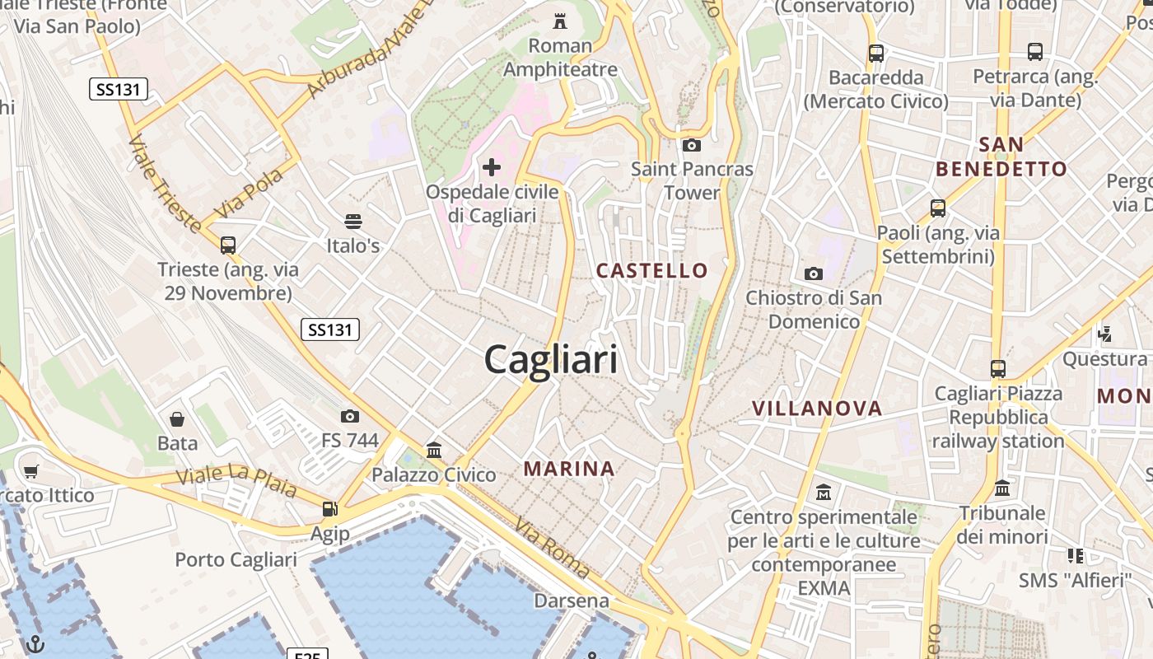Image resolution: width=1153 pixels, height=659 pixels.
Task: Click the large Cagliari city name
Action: pyautogui.click(x=550, y=360)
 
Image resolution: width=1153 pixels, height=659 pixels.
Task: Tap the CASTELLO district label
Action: pyautogui.click(x=651, y=270)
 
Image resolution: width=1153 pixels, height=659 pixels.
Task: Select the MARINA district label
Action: pyautogui.click(x=569, y=469)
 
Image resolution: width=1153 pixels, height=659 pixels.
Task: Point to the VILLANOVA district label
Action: pyautogui.click(x=816, y=408)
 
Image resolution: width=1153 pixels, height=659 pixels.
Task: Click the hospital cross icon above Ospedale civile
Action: pyautogui.click(x=492, y=168)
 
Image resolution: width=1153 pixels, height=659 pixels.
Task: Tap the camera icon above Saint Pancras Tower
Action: pyautogui.click(x=692, y=146)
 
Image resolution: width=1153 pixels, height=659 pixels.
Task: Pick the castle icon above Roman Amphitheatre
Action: pyautogui.click(x=561, y=21)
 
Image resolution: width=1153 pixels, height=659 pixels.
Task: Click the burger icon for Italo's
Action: pyautogui.click(x=353, y=222)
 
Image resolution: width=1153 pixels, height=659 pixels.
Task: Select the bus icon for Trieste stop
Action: pyautogui.click(x=228, y=245)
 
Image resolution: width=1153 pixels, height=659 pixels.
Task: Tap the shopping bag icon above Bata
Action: pyautogui.click(x=177, y=419)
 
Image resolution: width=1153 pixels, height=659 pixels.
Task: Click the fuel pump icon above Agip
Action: pyautogui.click(x=329, y=509)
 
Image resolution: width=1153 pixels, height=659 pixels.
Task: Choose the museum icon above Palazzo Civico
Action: pyautogui.click(x=434, y=451)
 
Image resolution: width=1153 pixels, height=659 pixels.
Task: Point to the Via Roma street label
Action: pyautogui.click(x=553, y=547)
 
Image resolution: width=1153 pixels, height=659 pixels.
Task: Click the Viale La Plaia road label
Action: pyautogui.click(x=236, y=482)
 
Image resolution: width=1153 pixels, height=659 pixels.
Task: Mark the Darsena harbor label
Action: pyautogui.click(x=572, y=601)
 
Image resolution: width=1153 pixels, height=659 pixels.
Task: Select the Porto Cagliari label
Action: pyautogui.click(x=236, y=560)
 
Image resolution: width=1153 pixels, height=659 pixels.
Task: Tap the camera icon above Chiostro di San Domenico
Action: pyautogui.click(x=814, y=273)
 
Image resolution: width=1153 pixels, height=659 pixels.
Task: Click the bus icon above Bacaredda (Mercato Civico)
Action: pyautogui.click(x=876, y=54)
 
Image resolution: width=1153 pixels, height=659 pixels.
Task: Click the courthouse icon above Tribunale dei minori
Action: pyautogui.click(x=1002, y=488)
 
